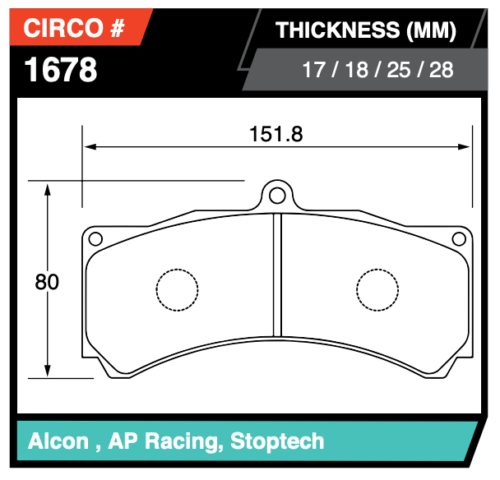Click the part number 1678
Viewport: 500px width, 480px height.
(61, 70)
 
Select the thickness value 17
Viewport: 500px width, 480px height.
(313, 70)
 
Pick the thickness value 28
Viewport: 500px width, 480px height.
(441, 70)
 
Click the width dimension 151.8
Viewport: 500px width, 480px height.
(276, 134)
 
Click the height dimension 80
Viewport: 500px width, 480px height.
(47, 282)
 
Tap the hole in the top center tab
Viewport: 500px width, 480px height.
(277, 195)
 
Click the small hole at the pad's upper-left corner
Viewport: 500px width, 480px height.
(95, 239)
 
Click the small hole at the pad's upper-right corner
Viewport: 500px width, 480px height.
(460, 239)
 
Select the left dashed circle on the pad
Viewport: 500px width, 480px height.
(178, 290)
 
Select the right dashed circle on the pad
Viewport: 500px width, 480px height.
(377, 290)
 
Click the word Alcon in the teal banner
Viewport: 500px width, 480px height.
(58, 441)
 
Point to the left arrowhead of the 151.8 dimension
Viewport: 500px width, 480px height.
(89, 148)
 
